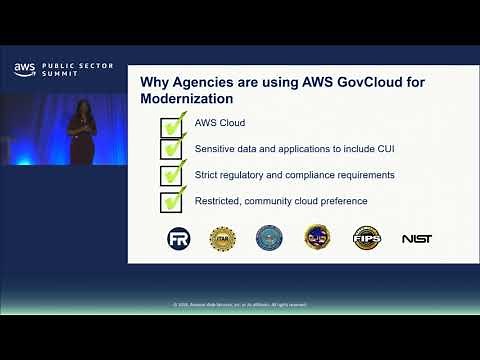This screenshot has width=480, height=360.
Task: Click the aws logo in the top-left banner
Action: pos(24,69)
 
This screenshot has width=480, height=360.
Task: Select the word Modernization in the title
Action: pos(187,99)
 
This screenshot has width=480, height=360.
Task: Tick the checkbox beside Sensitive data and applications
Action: pos(171,150)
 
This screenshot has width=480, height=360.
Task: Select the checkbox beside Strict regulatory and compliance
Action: pos(171,175)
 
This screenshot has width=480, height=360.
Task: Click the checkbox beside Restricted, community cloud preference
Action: pos(171,201)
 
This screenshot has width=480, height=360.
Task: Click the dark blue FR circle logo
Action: pos(179,238)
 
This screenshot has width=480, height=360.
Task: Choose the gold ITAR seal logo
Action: pos(222,238)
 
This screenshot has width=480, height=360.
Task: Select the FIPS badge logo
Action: pos(367,238)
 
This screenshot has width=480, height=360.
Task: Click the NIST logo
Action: pos(416,239)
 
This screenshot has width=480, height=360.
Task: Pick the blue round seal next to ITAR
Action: pos(269,238)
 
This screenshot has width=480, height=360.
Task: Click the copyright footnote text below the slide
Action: pos(240,304)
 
